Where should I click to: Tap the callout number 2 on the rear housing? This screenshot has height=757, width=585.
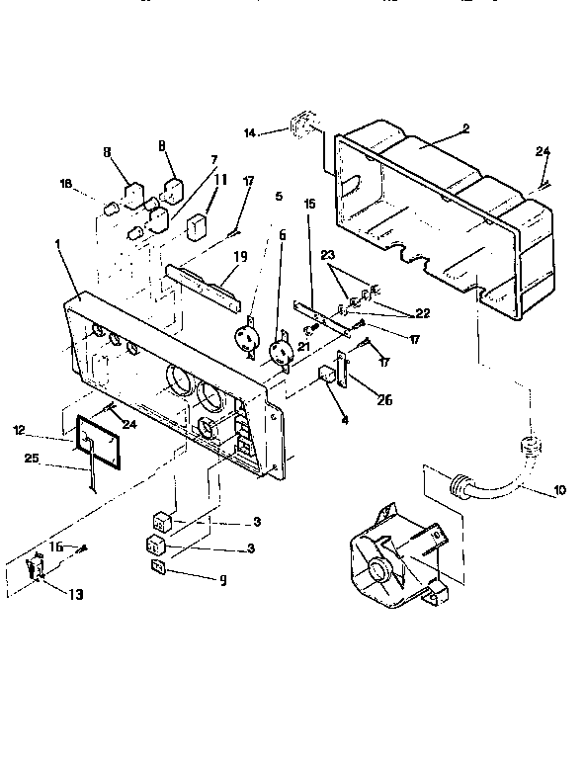click(x=465, y=129)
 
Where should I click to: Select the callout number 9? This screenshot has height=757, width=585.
click(x=222, y=580)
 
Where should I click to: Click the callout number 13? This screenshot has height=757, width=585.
click(x=75, y=594)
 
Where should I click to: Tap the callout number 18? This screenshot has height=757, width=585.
click(x=66, y=184)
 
